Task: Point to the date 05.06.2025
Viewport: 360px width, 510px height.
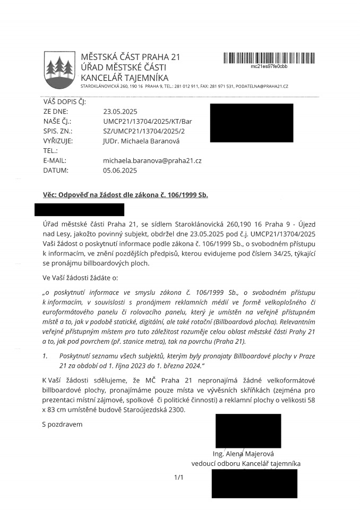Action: (120, 171)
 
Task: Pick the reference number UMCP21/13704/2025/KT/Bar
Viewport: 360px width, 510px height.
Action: (147, 122)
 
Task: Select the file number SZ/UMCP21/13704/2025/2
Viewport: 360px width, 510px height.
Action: (144, 131)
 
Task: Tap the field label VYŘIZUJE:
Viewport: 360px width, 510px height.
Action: (57, 141)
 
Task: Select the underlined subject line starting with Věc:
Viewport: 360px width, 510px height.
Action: (125, 195)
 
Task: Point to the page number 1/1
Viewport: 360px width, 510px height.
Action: (178, 478)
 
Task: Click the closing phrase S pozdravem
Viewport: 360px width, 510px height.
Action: (62, 424)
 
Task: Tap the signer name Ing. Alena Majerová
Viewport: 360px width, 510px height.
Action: (242, 454)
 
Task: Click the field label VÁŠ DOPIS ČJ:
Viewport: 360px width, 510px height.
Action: (64, 102)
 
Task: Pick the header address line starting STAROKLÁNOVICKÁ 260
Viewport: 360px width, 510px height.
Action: (184, 86)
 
